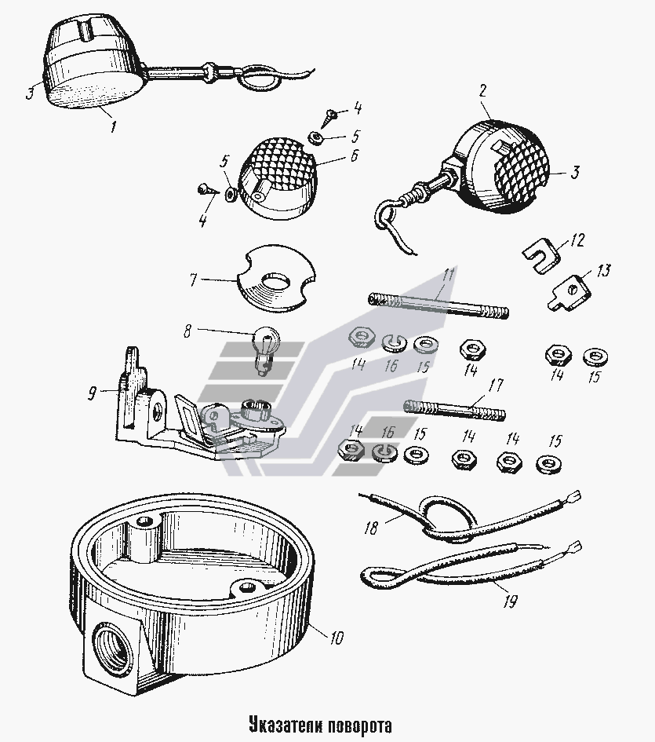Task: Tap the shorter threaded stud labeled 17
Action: click(454, 410)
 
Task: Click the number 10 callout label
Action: click(337, 638)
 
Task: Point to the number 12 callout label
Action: click(577, 239)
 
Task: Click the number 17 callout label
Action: click(496, 385)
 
